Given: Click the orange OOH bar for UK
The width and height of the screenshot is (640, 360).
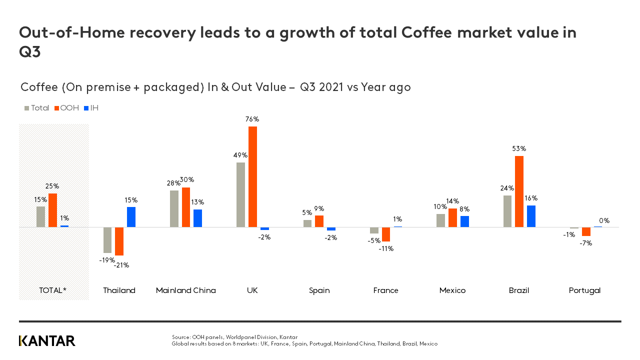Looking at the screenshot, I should point(252,176).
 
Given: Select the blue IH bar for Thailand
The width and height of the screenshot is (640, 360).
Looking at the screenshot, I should point(131,217).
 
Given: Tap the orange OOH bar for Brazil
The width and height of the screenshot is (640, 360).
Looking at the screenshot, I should point(519,191).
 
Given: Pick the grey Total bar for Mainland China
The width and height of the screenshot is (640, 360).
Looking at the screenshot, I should point(174,208).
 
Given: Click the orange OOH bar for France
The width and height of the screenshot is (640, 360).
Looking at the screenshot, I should point(386,234).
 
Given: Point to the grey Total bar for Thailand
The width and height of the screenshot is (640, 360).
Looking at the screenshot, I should point(107,240).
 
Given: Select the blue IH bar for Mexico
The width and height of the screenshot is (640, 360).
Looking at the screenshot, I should point(464,221).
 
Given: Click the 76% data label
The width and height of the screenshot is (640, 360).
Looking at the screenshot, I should point(252,119).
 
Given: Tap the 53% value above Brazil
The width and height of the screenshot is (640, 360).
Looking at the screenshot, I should point(519,149).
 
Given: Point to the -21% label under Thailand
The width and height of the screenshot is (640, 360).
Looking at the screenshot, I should point(121,265).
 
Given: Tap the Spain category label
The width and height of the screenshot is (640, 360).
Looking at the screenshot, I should point(319,290).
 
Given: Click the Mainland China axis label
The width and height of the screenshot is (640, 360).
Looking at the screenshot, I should point(186,290).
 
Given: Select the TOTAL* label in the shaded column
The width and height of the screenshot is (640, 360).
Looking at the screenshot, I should point(52,290).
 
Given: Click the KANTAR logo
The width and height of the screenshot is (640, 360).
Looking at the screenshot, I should point(47,341).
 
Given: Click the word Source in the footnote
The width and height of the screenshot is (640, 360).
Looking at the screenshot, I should point(181,337).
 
